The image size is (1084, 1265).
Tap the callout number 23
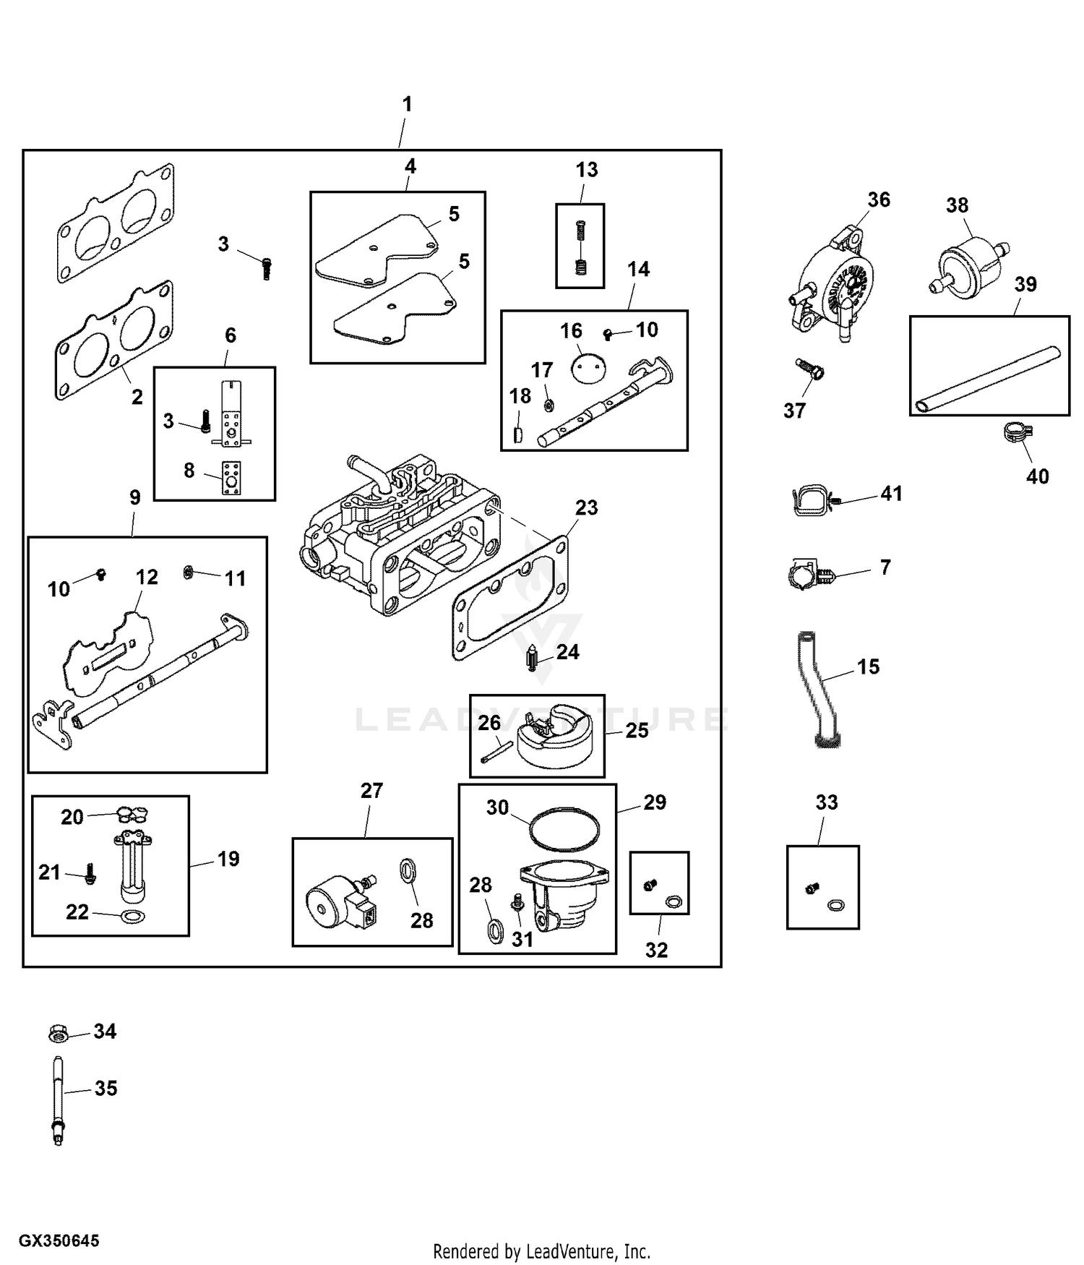586,507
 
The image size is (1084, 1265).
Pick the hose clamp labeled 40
1016,433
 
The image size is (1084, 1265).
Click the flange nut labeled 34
59,1034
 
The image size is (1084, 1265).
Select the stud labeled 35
58,1099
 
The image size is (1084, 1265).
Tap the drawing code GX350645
59,1240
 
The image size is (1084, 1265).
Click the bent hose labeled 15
818,690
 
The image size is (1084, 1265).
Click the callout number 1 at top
407,105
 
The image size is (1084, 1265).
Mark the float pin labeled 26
495,752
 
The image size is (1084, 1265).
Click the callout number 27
371,790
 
